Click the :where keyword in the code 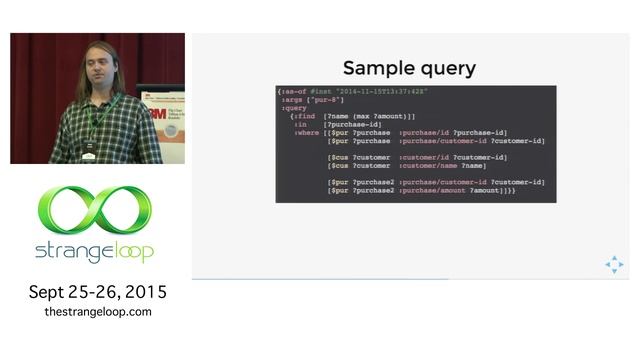tap(306, 132)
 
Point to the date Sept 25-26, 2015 tap(97, 292)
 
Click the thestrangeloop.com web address tap(97, 312)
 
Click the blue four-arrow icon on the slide tap(613, 264)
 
